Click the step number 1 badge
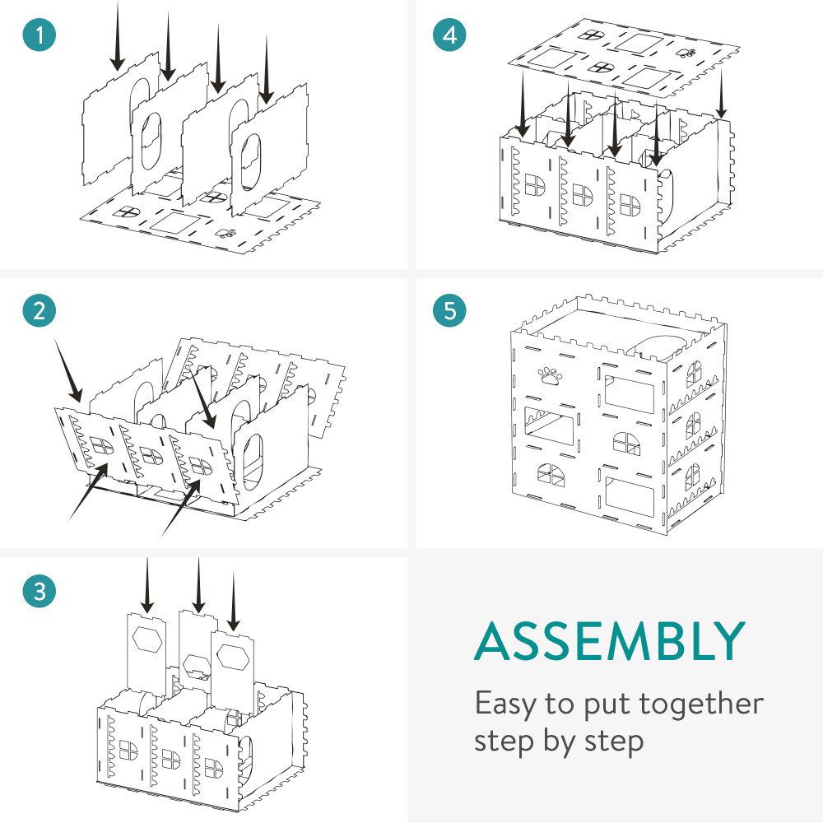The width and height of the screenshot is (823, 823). click(x=40, y=36)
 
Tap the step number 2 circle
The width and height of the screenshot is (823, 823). click(x=40, y=311)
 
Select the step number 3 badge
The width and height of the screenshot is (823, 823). click(x=40, y=592)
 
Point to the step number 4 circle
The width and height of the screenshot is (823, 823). click(x=449, y=36)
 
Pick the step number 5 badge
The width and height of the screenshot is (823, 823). click(x=449, y=311)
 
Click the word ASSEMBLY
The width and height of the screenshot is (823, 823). click(x=610, y=643)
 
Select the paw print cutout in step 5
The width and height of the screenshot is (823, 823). click(x=550, y=377)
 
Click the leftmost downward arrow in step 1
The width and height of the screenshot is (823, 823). click(x=118, y=37)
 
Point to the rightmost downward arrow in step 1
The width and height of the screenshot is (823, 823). click(x=266, y=70)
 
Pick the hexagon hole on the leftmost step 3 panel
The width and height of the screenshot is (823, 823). click(x=148, y=639)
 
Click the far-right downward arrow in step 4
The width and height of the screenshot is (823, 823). click(x=721, y=91)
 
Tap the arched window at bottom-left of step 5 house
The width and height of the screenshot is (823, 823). click(x=546, y=474)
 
